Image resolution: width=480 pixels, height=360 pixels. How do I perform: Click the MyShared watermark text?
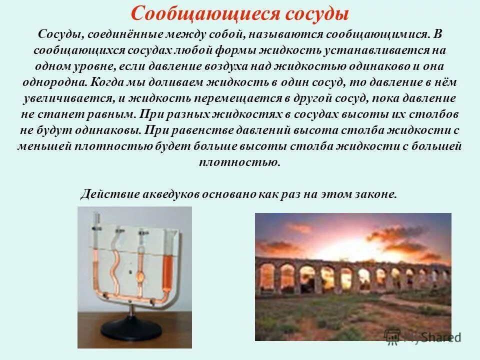point(432,337)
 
